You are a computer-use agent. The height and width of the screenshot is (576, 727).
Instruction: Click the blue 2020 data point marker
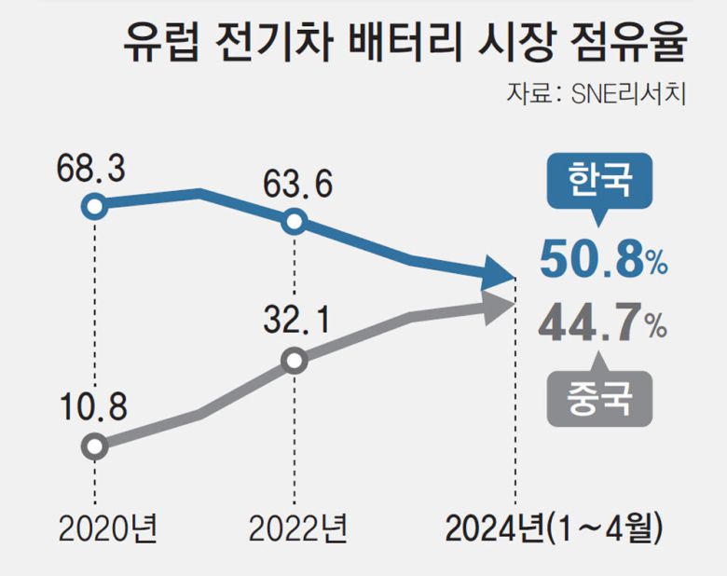point(94,206)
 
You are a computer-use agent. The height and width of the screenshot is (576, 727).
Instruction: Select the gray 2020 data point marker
point(94,446)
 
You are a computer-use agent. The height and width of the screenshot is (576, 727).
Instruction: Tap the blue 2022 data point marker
point(294,222)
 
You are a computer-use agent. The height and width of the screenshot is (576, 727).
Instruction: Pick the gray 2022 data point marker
point(294,361)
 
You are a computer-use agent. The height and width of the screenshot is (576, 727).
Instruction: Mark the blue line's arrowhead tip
point(514,277)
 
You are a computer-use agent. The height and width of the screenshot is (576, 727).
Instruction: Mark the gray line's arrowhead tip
point(514,303)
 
